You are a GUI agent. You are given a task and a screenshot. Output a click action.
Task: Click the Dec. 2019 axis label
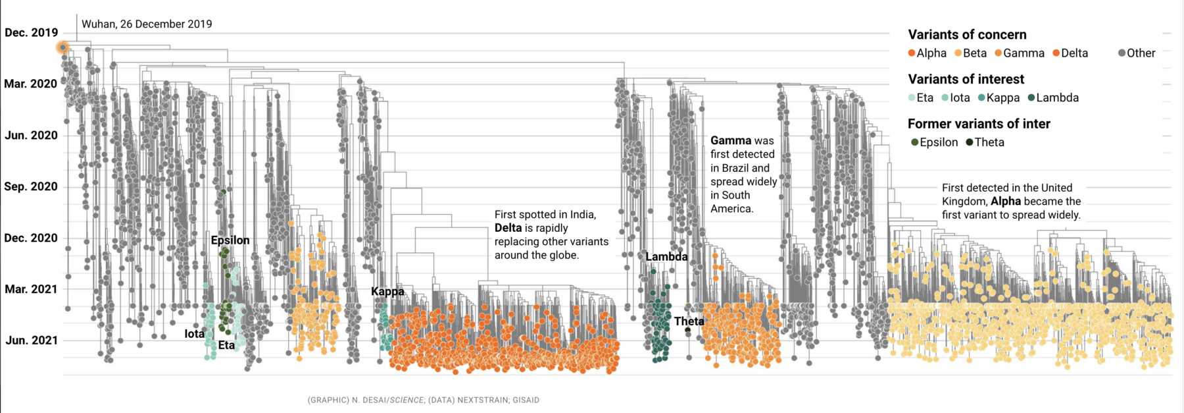31,32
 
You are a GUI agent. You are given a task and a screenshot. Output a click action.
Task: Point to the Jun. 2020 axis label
31,135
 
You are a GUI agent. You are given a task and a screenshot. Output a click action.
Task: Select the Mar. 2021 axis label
31,289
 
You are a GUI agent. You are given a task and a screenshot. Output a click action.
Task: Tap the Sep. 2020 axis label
31,186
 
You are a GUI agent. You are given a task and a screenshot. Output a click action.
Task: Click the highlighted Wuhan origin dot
62,47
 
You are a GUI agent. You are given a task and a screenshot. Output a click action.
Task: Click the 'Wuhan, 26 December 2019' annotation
147,24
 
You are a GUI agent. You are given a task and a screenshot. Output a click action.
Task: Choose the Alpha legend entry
927,53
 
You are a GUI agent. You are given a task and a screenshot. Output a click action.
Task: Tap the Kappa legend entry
999,97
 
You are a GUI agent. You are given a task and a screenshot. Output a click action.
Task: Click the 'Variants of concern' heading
967,35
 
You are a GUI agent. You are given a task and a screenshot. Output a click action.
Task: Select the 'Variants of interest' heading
966,80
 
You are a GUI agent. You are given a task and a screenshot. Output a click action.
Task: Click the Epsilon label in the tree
230,240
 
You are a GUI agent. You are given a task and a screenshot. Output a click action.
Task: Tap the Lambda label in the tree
666,257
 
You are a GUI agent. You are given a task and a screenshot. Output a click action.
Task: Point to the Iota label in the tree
194,334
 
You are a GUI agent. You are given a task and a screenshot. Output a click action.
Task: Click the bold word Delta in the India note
508,228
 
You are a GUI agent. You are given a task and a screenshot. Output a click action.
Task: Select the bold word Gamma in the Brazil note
731,140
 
